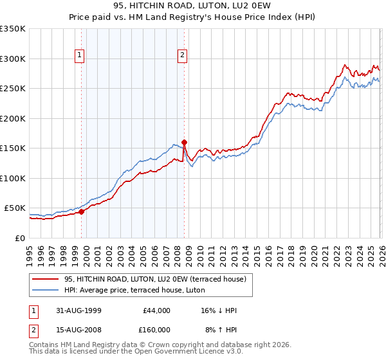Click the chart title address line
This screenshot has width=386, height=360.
point(193,6)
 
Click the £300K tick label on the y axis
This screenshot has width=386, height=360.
point(13,59)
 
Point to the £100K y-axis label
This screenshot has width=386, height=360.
point(13,178)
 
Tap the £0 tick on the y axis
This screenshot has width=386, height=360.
point(19,238)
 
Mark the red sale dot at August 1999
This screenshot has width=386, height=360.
point(82,212)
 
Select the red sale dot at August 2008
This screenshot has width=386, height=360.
point(184,142)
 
